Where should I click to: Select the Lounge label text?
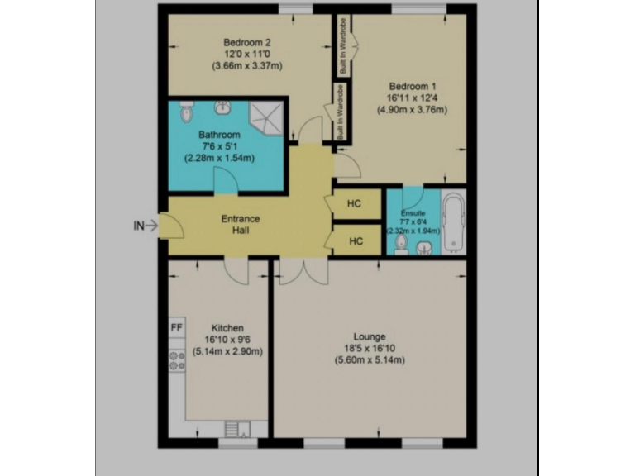(370, 336)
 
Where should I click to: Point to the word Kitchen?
(227, 327)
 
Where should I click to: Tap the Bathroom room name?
(219, 135)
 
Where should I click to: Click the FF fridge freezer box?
(176, 327)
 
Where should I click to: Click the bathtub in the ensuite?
(452, 224)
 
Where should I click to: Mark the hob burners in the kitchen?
(176, 359)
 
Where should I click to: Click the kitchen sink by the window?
(234, 428)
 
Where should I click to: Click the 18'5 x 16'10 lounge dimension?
(370, 348)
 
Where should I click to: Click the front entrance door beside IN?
(168, 226)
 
